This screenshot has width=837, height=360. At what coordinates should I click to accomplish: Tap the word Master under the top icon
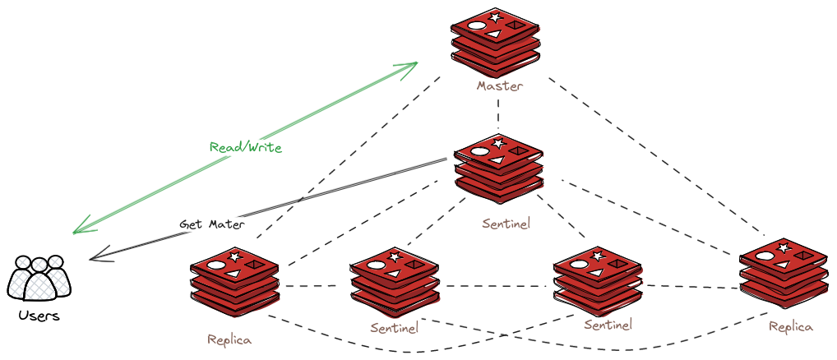pyautogui.click(x=500, y=85)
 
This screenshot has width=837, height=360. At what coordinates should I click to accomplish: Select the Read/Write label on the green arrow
pyautogui.click(x=246, y=148)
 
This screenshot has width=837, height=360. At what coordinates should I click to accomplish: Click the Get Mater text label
pyautogui.click(x=212, y=224)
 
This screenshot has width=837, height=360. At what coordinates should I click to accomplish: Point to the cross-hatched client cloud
pyautogui.click(x=39, y=277)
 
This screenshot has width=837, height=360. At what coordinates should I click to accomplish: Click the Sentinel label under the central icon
pyautogui.click(x=506, y=223)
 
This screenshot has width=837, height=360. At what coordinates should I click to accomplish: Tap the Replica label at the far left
pyautogui.click(x=229, y=339)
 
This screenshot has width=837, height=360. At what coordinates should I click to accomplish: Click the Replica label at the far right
pyautogui.click(x=791, y=326)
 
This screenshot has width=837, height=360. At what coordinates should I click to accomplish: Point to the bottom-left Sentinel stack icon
pyautogui.click(x=394, y=284)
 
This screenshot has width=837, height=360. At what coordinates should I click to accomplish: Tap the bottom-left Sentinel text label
pyautogui.click(x=394, y=328)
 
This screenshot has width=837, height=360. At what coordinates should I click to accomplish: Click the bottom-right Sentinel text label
pyautogui.click(x=608, y=325)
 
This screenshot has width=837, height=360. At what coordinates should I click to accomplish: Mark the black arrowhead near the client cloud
pyautogui.click(x=97, y=255)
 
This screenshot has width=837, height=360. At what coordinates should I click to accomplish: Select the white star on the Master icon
pyautogui.click(x=495, y=17)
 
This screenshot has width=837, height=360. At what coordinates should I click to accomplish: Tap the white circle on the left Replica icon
pyautogui.click(x=216, y=265)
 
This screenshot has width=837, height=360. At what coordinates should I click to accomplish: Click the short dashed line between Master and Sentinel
pyautogui.click(x=499, y=114)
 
